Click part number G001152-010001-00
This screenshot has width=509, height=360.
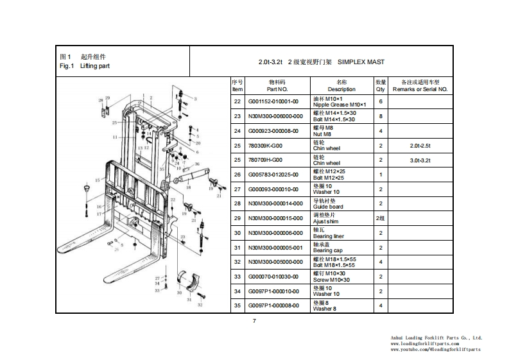click(x=273, y=101)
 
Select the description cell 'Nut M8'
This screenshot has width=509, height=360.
click(x=323, y=131)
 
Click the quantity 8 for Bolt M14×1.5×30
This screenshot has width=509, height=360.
click(x=381, y=116)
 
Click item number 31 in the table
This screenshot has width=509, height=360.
click(x=237, y=247)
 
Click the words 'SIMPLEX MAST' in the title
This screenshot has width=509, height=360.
click(x=361, y=62)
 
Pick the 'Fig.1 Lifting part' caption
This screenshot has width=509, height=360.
click(x=85, y=66)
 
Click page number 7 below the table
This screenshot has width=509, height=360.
click(x=254, y=321)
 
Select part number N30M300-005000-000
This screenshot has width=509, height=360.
click(x=276, y=262)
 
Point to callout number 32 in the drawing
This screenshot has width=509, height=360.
click(x=200, y=305)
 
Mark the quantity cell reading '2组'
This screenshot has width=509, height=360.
click(x=381, y=218)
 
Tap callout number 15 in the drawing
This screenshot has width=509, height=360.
click(x=97, y=180)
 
